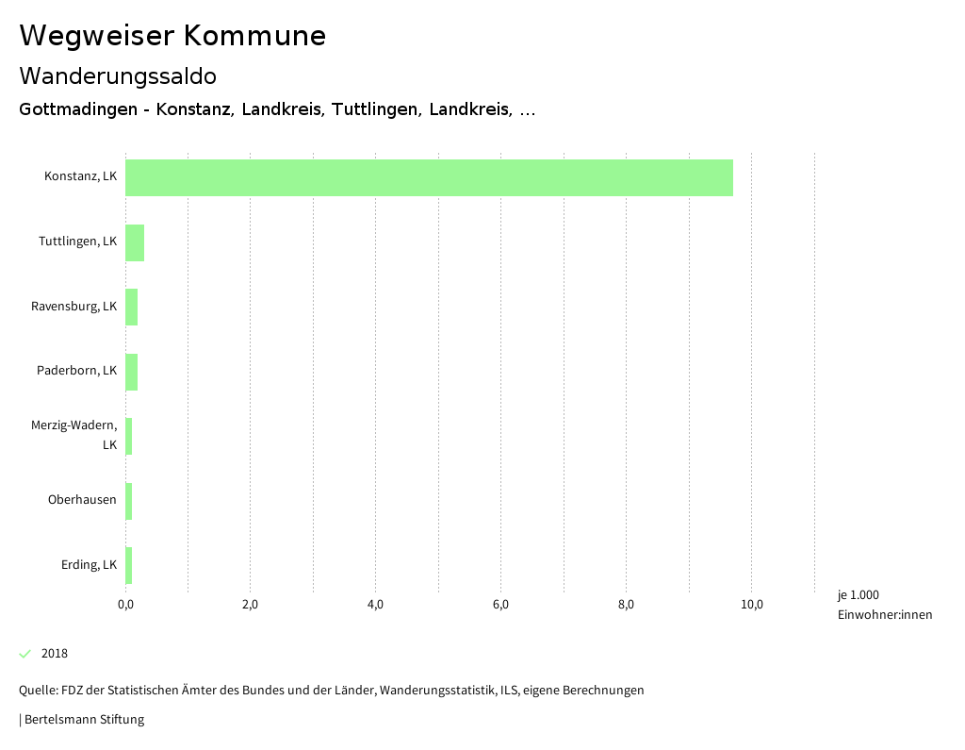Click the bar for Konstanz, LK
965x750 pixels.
pyautogui.click(x=429, y=177)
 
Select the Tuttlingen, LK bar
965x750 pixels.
pyautogui.click(x=135, y=242)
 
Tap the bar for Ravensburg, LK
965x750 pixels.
pyautogui.click(x=132, y=307)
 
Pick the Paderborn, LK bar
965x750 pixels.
pyautogui.click(x=132, y=372)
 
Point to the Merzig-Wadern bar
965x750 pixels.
pyautogui.click(x=129, y=436)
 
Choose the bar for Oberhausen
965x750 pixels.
pyautogui.click(x=129, y=501)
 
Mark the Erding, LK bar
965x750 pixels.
pyautogui.click(x=129, y=565)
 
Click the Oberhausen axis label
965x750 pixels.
pyautogui.click(x=82, y=500)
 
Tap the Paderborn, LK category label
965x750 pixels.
pyautogui.click(x=76, y=371)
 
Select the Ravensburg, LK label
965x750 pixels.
pyautogui.click(x=74, y=307)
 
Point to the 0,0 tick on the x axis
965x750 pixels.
pyautogui.click(x=125, y=605)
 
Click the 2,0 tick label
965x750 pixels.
pyautogui.click(x=250, y=605)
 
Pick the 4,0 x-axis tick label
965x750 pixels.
pyautogui.click(x=375, y=605)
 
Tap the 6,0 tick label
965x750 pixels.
pyautogui.click(x=500, y=605)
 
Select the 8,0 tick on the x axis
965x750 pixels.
pyautogui.click(x=626, y=605)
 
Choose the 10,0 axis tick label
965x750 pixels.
pyautogui.click(x=751, y=605)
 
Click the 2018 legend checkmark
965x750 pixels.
pyautogui.click(x=25, y=654)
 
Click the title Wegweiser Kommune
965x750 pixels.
pyautogui.click(x=172, y=36)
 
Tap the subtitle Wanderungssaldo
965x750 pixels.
pyautogui.click(x=118, y=75)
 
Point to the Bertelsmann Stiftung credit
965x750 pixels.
pyautogui.click(x=83, y=720)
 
